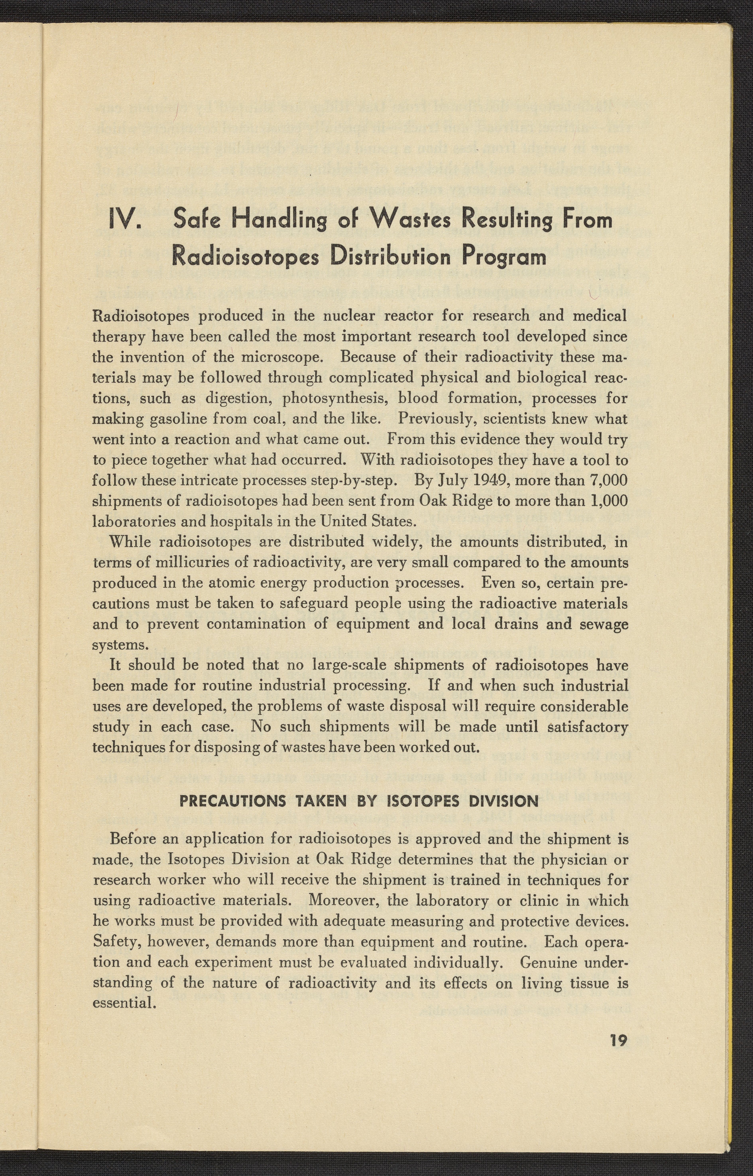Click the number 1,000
[608, 501]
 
